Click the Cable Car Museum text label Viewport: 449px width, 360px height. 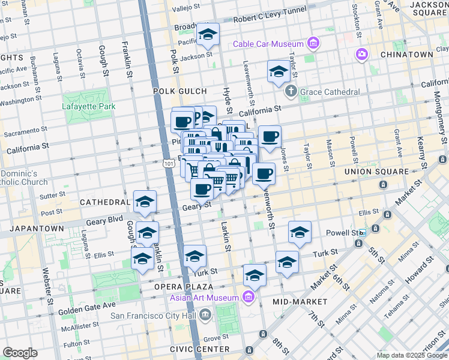click(268, 44)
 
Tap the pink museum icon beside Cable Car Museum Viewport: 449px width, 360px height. click(313, 43)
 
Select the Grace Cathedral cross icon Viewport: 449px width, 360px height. click(291, 92)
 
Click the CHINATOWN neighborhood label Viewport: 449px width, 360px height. click(406, 55)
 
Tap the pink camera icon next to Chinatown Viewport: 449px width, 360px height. click(361, 55)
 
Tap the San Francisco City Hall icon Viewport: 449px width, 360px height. click(206, 314)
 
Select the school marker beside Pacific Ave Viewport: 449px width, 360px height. click(208, 35)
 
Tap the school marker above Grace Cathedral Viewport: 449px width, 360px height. click(279, 73)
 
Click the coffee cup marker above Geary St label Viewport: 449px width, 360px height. click(202, 189)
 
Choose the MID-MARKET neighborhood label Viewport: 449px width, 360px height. click(300, 301)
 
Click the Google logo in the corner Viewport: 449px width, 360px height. click(20, 353)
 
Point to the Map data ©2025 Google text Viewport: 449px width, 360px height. click(412, 355)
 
